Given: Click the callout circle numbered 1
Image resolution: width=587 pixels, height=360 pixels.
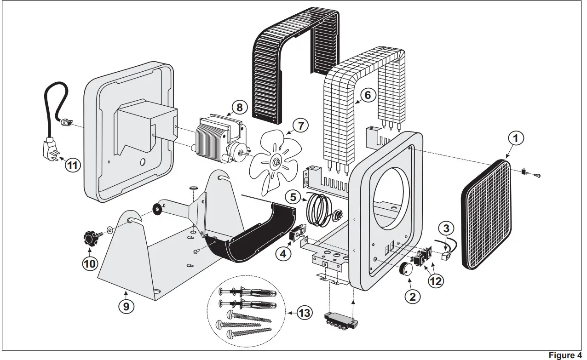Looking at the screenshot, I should coord(516,137).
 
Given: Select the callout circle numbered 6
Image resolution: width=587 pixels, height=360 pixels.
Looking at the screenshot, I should coord(367,95).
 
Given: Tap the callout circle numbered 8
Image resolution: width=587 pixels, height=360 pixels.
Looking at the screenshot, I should coord(239,107).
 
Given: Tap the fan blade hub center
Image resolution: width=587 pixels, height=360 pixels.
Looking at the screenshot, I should coord(277,162).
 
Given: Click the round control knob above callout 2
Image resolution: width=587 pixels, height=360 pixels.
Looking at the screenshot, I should coord(406,269).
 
